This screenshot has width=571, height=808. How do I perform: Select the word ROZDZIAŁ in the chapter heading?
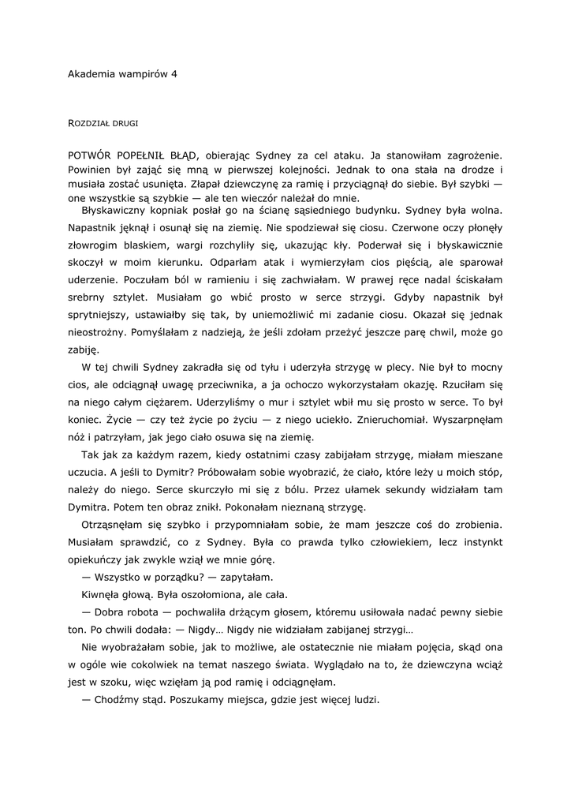tap(88, 123)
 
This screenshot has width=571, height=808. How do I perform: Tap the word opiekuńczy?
tap(99, 559)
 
